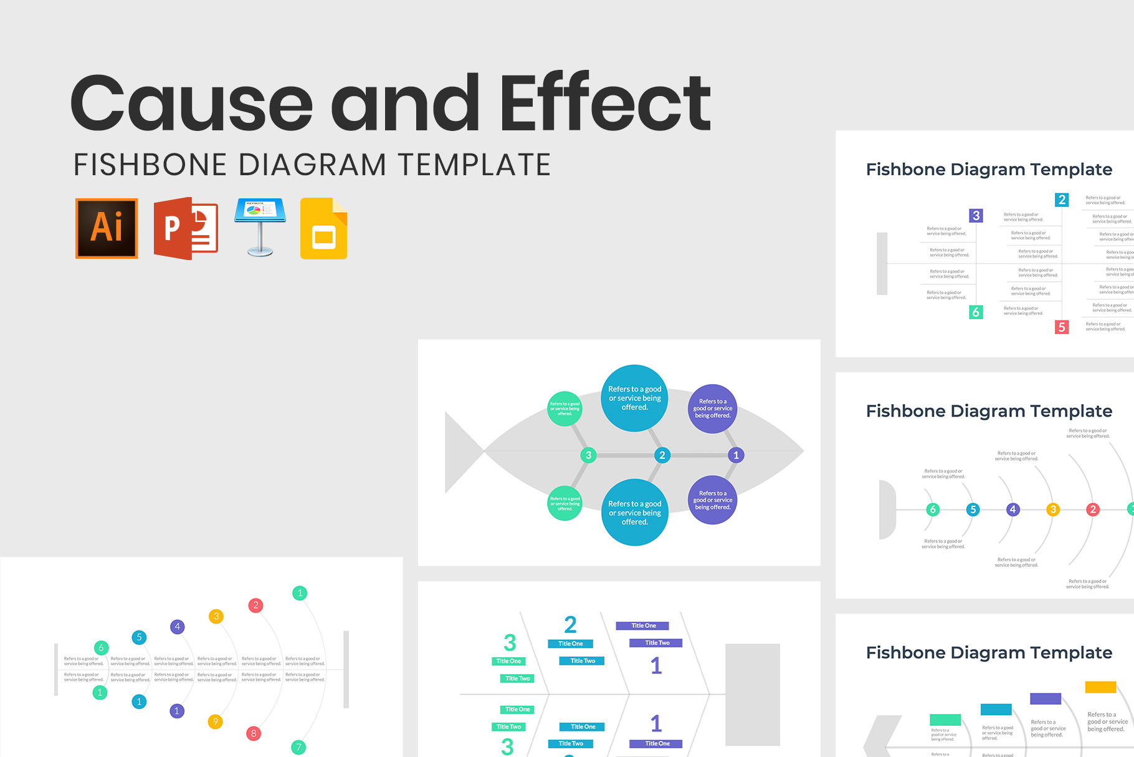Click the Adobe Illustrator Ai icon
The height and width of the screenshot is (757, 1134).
point(107,228)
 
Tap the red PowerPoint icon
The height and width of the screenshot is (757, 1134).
point(185,228)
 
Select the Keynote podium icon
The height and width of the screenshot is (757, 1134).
point(260,227)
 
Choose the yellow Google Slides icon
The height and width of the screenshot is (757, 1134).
point(323,229)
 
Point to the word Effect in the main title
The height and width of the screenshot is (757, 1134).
point(605,102)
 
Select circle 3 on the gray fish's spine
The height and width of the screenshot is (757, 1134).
point(588,455)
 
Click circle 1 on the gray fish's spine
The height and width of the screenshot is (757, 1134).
point(736,455)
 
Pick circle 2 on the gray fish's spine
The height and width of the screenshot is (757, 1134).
point(662,455)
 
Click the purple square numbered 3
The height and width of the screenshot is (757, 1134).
point(976,216)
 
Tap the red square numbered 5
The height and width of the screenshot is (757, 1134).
point(1062,327)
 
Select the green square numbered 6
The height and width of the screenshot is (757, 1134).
point(976,312)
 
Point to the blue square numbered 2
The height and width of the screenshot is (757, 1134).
point(1062,200)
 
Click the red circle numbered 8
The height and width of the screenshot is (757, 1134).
point(253,733)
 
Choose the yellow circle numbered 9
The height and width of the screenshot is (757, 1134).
point(215,721)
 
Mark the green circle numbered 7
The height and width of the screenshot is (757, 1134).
point(298,747)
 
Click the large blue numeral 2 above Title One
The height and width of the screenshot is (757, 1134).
point(570,625)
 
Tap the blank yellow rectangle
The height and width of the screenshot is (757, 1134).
point(1100,687)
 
